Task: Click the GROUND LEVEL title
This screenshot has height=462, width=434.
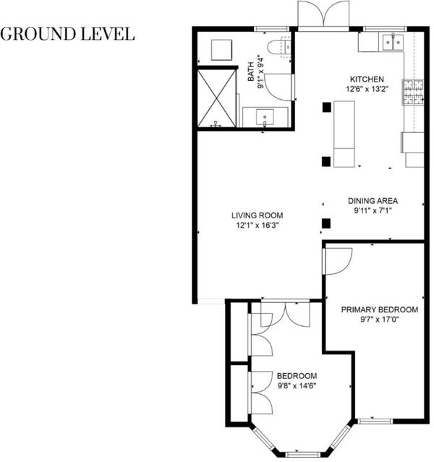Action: pos(67,34)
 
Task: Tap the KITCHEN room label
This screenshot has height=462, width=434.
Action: pos(367,80)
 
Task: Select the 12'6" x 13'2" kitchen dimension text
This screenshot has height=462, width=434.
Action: pos(367,89)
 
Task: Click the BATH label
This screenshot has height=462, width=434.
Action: pos(250,72)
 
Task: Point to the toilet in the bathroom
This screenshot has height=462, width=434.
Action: pos(278,47)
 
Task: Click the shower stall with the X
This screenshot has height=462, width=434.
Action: pos(217,99)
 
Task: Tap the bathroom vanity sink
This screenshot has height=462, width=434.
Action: pos(265,117)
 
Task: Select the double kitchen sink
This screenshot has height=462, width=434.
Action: pos(393,43)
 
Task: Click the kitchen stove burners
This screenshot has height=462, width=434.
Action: pos(413,92)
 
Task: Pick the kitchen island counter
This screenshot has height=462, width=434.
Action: pos(344,134)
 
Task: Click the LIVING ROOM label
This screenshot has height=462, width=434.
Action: pos(257,215)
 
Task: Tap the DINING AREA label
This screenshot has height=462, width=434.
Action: pos(373,201)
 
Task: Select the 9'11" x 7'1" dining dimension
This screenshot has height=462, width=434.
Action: pos(373,210)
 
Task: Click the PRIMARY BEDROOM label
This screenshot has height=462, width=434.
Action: pos(380,309)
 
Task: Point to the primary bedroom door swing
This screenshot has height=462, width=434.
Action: pos(339,261)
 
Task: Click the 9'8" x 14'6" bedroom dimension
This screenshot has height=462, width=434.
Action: pos(297,385)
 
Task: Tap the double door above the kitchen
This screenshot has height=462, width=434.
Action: pos(323,14)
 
